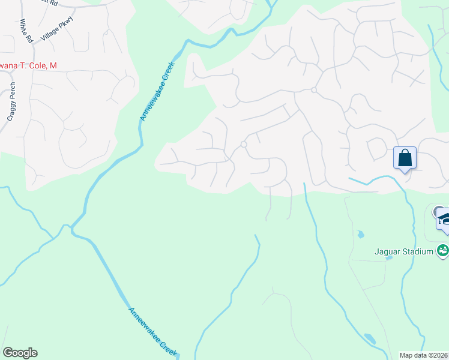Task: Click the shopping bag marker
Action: [x=406, y=159]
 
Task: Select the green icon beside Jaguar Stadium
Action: [x=443, y=250]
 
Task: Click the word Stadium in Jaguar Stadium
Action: [x=419, y=251]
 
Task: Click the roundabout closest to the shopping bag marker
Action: [x=314, y=90]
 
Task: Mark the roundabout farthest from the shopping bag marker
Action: [x=244, y=144]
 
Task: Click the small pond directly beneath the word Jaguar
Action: [x=390, y=258]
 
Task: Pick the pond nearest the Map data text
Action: [x=370, y=339]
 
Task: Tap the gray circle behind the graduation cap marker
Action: [x=437, y=211]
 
